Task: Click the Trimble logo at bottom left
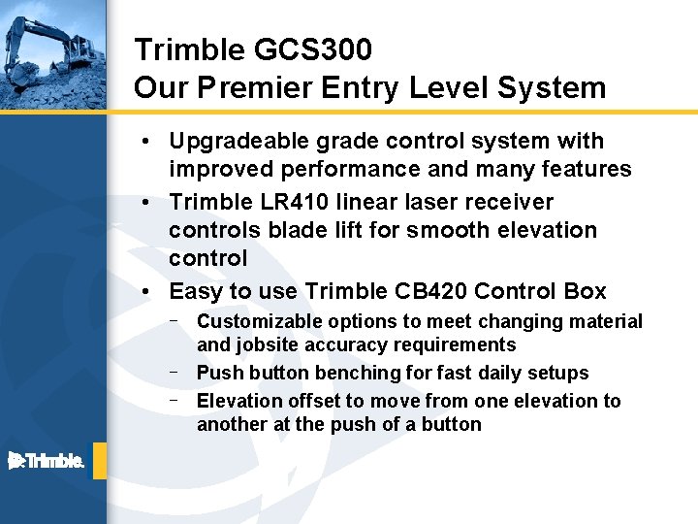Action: tap(47, 461)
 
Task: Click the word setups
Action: tap(557, 373)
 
